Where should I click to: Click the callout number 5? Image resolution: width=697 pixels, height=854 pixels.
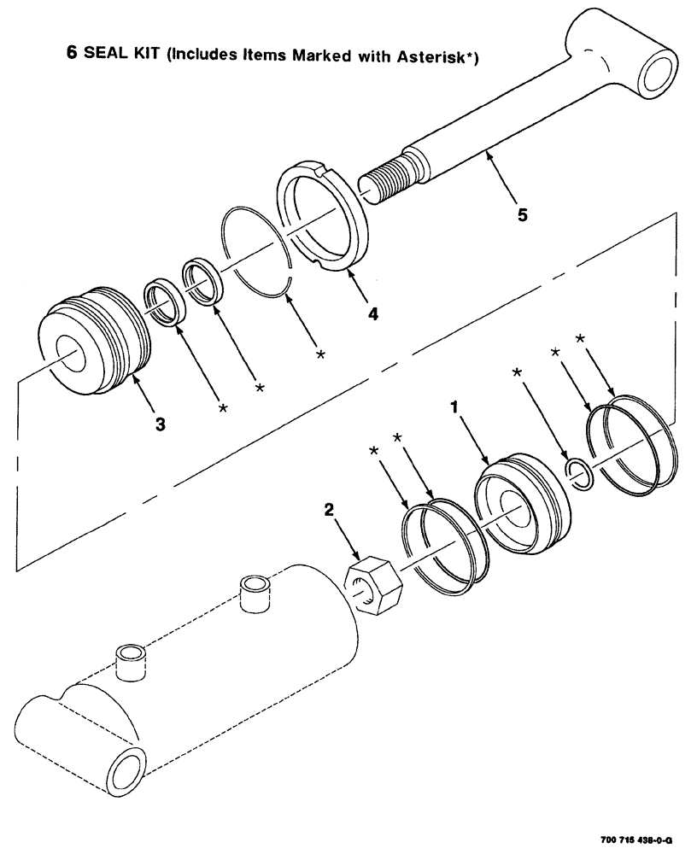point(521,214)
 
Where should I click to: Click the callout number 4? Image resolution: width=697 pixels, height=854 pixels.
point(373,313)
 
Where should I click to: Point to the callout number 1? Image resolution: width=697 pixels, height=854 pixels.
point(455,409)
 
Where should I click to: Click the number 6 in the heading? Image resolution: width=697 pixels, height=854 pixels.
point(73,51)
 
